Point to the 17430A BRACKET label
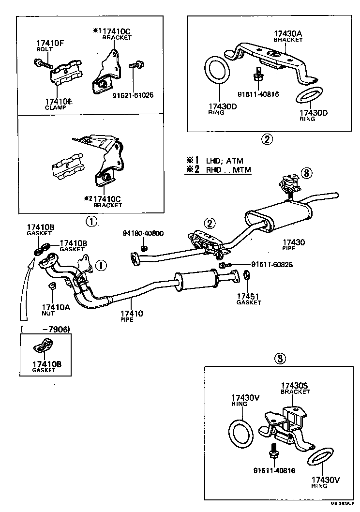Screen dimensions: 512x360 point(287,36)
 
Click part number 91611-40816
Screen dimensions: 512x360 point(258,94)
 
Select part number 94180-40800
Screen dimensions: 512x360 point(143,233)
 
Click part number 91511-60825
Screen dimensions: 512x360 point(272,264)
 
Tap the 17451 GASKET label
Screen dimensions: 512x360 point(249,298)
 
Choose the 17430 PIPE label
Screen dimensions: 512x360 point(294,244)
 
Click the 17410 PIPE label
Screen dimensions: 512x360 point(132,316)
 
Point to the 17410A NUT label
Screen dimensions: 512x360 point(55,309)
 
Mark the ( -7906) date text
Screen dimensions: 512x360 point(45,329)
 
